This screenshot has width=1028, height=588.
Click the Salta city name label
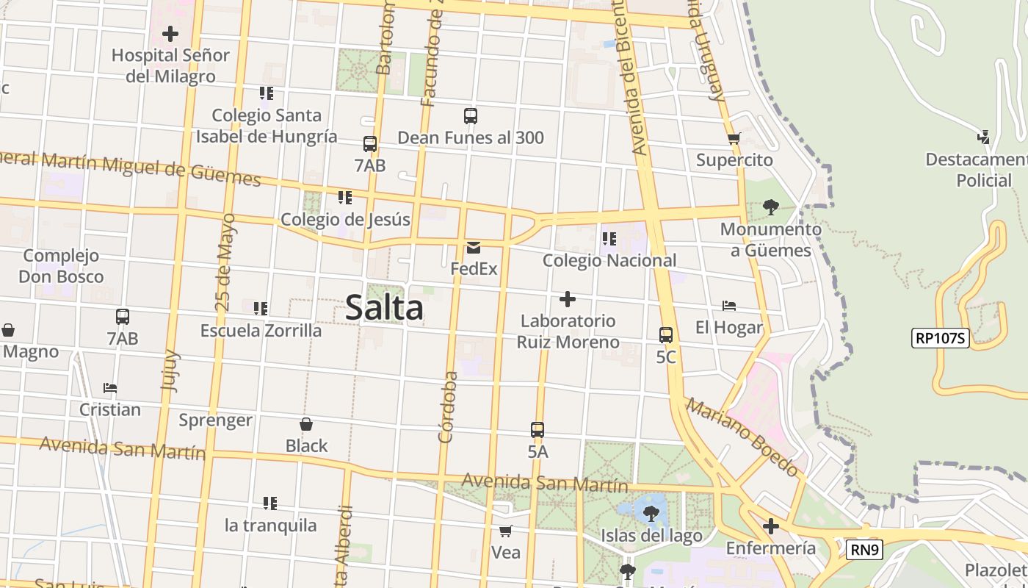(x=384, y=307)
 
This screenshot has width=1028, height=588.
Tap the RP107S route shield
(x=941, y=338)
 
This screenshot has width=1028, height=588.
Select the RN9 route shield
(x=864, y=550)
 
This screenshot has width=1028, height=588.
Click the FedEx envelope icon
(x=474, y=248)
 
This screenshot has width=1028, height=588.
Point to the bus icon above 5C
(x=666, y=335)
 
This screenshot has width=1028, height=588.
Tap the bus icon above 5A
(x=537, y=430)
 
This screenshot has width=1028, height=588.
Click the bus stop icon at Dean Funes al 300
(x=471, y=116)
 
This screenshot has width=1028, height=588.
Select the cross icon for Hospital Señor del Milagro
(x=170, y=34)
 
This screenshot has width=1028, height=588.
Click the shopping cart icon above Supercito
(x=734, y=138)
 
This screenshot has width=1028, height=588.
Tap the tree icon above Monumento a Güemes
(x=770, y=207)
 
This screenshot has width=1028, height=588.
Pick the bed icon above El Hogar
(x=729, y=306)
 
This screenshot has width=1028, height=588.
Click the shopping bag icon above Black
(x=306, y=424)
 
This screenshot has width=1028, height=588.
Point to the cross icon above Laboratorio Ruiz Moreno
(x=568, y=299)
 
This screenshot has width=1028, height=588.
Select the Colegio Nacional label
(x=609, y=260)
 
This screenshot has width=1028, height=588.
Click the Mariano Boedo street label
(x=742, y=437)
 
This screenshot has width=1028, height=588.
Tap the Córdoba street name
(x=448, y=407)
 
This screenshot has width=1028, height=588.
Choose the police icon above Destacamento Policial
(x=984, y=137)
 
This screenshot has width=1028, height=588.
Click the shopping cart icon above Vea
(x=505, y=531)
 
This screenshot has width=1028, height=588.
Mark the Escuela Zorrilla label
(x=261, y=331)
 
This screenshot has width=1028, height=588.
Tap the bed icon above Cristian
(x=110, y=387)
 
